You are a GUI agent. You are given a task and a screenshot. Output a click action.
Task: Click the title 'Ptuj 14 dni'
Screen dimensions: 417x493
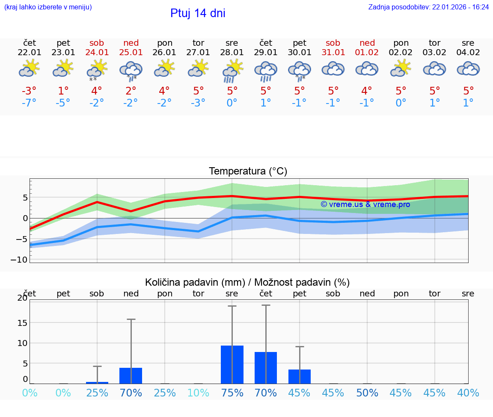(x=198, y=13)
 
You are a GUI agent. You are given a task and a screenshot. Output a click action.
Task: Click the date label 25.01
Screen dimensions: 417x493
(x=131, y=53)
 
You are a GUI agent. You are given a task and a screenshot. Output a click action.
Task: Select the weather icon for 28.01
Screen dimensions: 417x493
(x=232, y=71)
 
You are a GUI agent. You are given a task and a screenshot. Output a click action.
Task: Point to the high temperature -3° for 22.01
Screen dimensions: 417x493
(x=29, y=91)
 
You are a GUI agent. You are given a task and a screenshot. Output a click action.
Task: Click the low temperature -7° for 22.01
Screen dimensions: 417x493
(x=29, y=103)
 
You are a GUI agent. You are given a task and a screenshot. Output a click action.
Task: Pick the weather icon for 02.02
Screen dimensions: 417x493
(x=401, y=69)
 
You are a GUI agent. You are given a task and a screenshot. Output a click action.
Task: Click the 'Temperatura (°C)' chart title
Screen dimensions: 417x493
(x=248, y=172)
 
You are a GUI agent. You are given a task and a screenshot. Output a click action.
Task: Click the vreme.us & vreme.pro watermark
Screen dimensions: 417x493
(x=365, y=204)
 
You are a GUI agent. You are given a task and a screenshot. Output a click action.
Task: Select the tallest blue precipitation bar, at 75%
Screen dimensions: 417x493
(x=232, y=364)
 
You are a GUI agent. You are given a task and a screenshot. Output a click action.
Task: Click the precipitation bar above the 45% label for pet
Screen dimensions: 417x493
(x=300, y=376)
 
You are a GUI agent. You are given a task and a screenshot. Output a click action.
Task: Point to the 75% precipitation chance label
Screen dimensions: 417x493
(x=232, y=393)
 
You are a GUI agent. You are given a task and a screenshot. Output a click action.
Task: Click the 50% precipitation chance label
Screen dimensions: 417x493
(x=367, y=393)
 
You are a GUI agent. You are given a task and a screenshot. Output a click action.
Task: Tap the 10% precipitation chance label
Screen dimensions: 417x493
(x=199, y=393)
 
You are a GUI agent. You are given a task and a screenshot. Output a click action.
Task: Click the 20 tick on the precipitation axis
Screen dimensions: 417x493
(x=22, y=298)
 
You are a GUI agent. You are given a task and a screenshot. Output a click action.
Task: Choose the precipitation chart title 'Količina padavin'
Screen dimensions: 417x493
(x=247, y=282)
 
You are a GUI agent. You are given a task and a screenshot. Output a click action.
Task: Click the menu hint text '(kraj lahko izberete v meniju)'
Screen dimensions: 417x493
(x=48, y=7)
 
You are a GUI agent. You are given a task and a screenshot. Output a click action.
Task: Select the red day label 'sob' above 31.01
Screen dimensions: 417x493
(x=333, y=43)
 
